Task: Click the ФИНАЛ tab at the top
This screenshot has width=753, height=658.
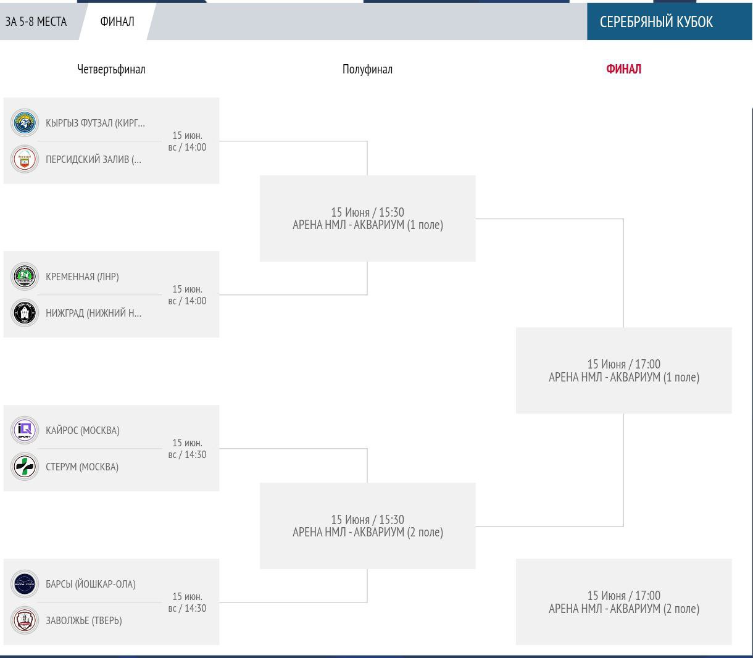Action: (x=117, y=22)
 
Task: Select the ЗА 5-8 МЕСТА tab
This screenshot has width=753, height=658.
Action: (x=36, y=22)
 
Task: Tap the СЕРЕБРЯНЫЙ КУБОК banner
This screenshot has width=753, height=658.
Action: (x=656, y=22)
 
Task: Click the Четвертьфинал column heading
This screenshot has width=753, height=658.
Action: (x=111, y=69)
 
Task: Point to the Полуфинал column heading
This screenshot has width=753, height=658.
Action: (x=367, y=69)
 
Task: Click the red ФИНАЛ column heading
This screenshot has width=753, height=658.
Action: (x=623, y=69)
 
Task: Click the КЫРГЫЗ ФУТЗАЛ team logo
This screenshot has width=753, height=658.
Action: (x=24, y=123)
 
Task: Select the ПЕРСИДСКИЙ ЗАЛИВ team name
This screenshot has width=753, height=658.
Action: (x=93, y=159)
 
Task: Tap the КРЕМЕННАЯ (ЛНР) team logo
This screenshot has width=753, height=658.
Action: (x=24, y=277)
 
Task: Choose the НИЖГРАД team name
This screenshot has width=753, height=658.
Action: (x=93, y=313)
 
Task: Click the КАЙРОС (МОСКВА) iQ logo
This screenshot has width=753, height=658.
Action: (x=24, y=430)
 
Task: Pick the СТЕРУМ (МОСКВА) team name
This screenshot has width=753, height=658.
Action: (x=82, y=467)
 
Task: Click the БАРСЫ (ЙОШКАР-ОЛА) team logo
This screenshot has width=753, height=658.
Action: (x=24, y=584)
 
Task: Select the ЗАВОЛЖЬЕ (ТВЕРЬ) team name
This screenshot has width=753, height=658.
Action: (x=83, y=621)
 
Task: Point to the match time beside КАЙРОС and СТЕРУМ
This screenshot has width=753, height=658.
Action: (x=187, y=449)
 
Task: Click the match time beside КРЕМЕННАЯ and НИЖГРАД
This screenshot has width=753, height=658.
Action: (x=187, y=295)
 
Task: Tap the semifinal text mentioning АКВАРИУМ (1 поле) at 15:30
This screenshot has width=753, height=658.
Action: (x=368, y=219)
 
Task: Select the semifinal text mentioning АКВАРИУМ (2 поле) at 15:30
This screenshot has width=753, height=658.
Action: (x=368, y=526)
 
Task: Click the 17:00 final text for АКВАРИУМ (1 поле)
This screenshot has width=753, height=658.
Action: (x=624, y=370)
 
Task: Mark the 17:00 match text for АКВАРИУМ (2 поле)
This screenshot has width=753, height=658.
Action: (x=624, y=602)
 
